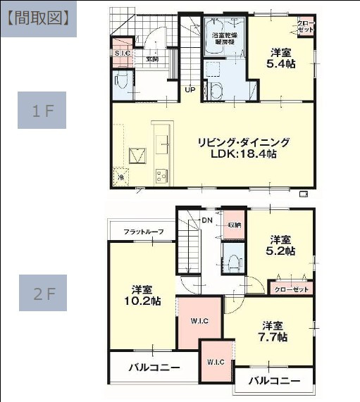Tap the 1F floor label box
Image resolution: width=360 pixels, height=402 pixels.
click(42, 111)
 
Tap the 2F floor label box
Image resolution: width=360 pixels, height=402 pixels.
click(42, 293)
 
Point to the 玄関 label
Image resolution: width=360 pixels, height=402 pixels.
click(151, 59)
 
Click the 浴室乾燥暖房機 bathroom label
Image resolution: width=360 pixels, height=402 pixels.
click(224, 38)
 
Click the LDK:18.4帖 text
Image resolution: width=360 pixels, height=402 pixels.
click(242, 153)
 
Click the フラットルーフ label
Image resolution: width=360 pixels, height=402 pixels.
click(143, 232)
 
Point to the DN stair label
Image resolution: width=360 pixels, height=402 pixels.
click(207, 220)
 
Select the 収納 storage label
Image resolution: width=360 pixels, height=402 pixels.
click(233, 225)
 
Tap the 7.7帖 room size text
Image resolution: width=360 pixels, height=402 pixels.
click(273, 337)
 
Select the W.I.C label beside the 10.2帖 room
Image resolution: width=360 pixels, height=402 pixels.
click(198, 322)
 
